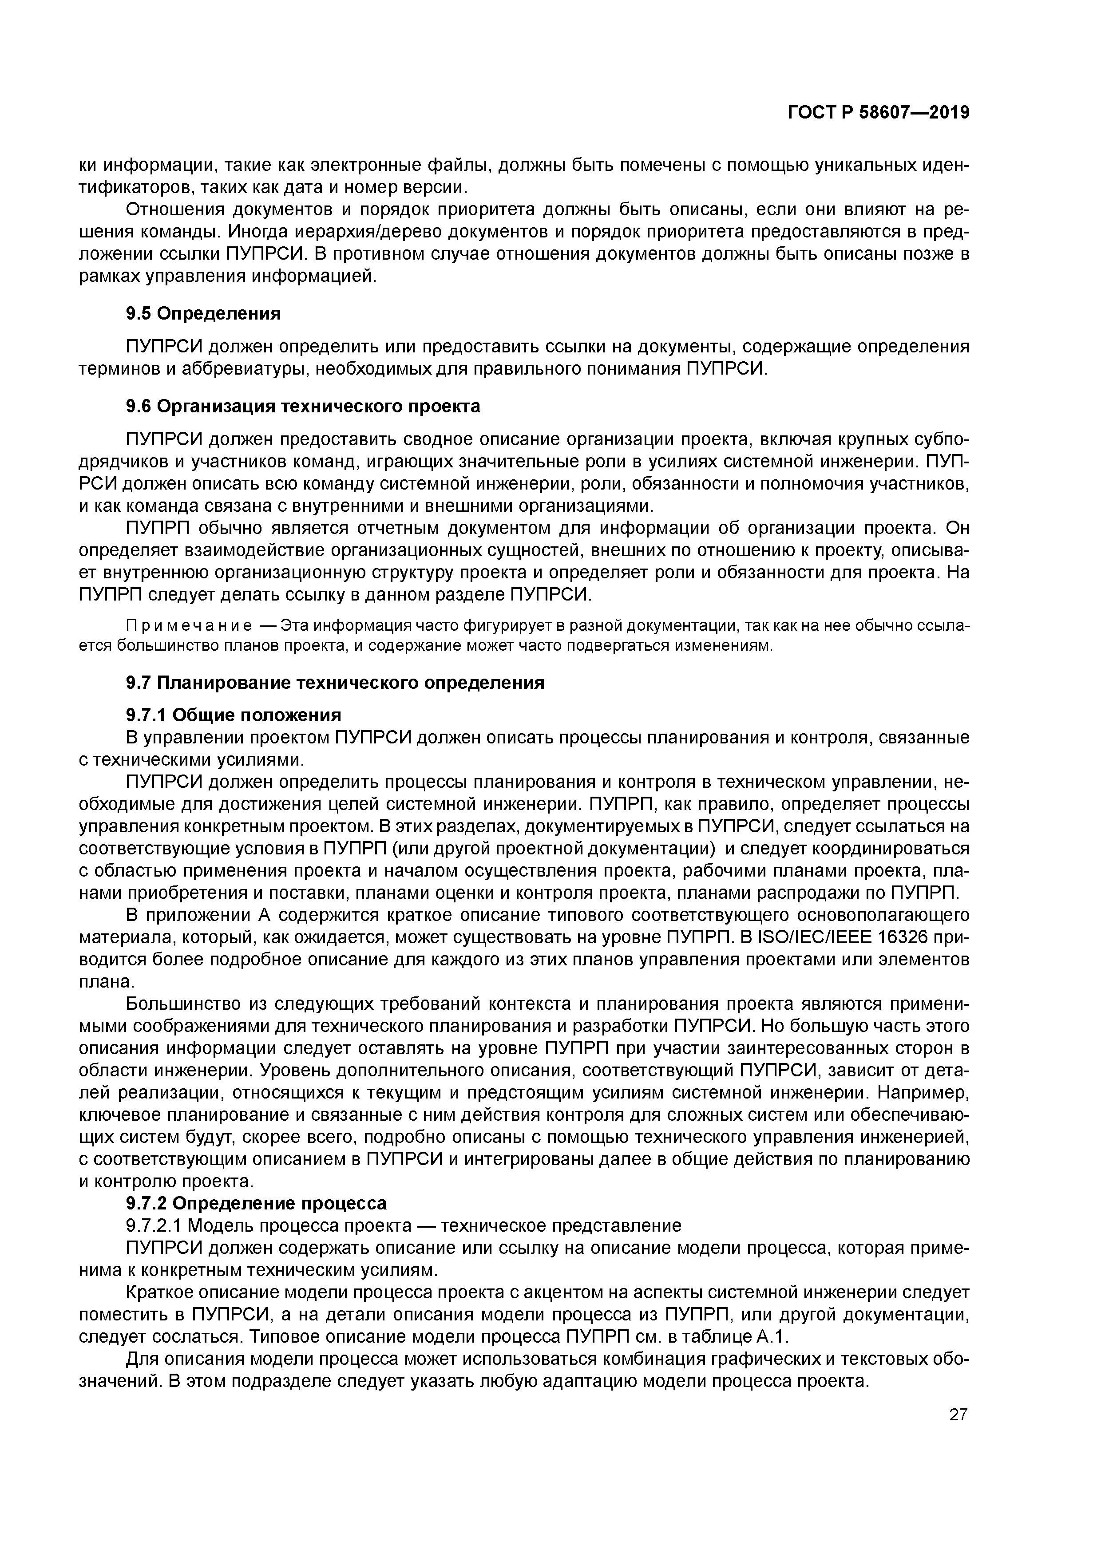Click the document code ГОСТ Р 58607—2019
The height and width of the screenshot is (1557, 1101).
click(x=878, y=113)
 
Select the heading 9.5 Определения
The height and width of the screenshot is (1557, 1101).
click(x=203, y=313)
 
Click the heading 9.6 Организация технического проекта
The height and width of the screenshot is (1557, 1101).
click(x=303, y=406)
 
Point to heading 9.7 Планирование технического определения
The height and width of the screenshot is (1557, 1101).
click(x=335, y=683)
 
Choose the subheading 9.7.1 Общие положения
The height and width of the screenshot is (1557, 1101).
click(x=234, y=715)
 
